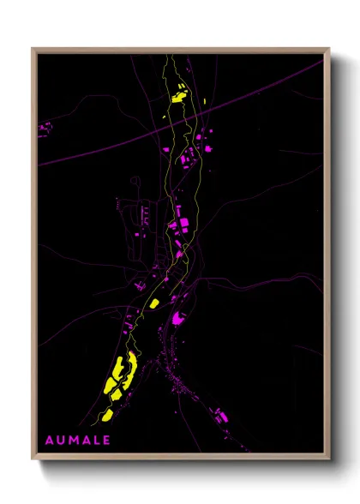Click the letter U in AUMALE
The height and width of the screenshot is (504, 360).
tap(60, 441)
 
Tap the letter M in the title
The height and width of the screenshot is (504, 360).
tap(72, 441)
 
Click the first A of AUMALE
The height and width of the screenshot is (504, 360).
tap(49, 441)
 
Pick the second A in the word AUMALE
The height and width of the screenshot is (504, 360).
tap(84, 441)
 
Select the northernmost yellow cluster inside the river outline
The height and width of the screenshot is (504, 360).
tap(179, 94)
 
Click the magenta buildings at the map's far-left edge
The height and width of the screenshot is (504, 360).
tap(45, 129)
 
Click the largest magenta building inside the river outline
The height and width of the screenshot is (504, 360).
tap(182, 225)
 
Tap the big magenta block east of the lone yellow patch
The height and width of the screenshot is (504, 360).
tap(179, 318)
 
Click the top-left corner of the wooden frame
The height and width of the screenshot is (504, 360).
tap(33, 49)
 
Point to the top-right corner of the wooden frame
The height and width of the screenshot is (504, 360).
tap(329, 49)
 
